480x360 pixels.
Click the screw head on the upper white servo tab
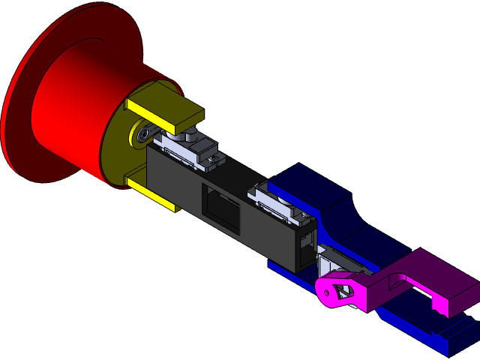pyautogui.click(x=215, y=158)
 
